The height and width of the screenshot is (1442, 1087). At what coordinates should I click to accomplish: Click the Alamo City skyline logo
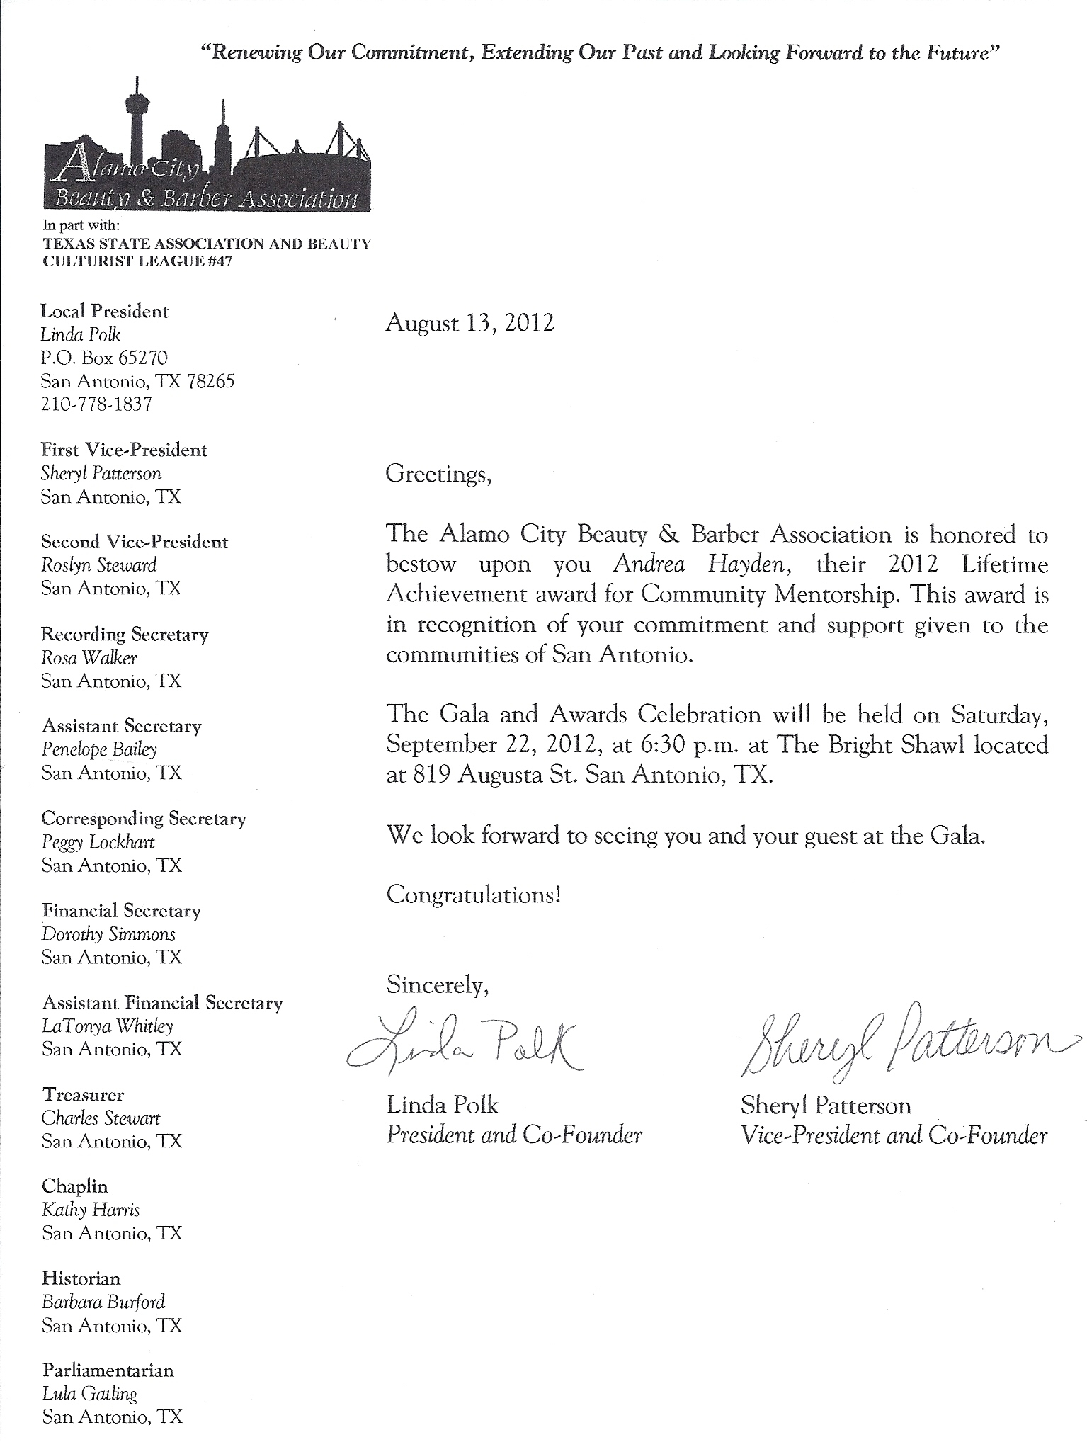tap(207, 152)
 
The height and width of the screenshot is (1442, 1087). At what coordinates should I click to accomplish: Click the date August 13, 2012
tap(469, 324)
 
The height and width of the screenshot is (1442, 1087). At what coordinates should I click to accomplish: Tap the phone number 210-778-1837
tap(96, 404)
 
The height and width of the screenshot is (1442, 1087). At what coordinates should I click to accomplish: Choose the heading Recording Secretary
tap(125, 635)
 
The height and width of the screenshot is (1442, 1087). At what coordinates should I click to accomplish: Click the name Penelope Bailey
tap(99, 749)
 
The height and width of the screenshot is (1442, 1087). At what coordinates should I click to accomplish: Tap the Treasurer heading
tap(83, 1095)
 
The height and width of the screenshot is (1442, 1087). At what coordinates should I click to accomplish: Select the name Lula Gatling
tap(89, 1395)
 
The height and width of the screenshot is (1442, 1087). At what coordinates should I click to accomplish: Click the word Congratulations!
tap(474, 895)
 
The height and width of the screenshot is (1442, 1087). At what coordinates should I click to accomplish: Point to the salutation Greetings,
tap(438, 474)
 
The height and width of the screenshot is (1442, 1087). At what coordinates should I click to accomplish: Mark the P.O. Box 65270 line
tap(104, 358)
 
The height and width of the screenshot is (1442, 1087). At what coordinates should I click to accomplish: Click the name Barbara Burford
tap(103, 1302)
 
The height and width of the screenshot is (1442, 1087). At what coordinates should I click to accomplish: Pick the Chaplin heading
tap(75, 1186)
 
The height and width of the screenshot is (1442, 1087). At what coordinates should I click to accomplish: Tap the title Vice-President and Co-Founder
tap(894, 1136)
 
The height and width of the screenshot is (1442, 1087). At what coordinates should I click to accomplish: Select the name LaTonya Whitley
tap(108, 1026)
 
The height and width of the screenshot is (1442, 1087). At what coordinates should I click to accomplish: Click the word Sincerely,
tap(437, 984)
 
